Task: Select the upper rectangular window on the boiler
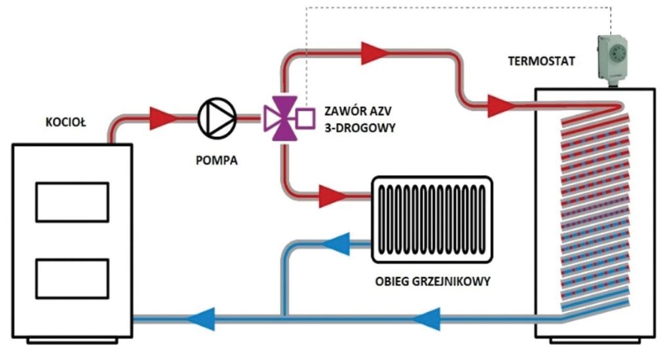pos(72,201)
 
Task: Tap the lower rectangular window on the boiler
pos(72,279)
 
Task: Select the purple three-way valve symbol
pos(280,119)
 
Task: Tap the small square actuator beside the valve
pos(305,119)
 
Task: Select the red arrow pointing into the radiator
pos(333,194)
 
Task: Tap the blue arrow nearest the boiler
pos(200,319)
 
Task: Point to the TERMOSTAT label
pos(541,62)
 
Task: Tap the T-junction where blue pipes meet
pos(283,319)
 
